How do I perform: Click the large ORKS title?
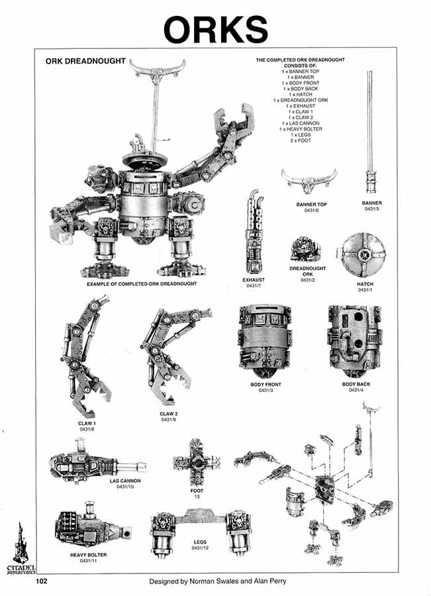(216, 29)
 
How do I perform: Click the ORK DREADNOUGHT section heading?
(85, 61)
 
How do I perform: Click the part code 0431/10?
(125, 487)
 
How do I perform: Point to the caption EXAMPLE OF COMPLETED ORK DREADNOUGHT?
(142, 283)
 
